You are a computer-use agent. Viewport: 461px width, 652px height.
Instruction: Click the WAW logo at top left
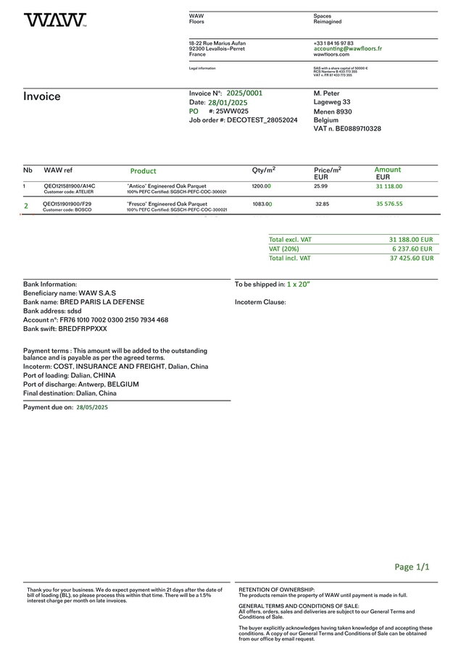pos(54,20)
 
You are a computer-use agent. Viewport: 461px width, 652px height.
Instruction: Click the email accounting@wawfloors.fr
pos(347,49)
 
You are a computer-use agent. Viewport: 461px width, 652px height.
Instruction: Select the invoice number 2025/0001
pos(244,93)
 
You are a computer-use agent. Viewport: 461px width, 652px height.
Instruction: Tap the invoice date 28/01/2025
pos(228,103)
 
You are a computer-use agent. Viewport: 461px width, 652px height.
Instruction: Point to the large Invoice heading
pos(42,96)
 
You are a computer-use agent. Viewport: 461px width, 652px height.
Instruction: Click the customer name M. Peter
pos(326,93)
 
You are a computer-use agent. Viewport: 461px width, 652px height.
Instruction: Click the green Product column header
pos(143,171)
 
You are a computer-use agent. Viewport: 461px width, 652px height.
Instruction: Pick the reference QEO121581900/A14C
pos(69,186)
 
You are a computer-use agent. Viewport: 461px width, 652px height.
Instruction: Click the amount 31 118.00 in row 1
pos(389,186)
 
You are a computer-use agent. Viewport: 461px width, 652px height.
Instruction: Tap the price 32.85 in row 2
pos(322,204)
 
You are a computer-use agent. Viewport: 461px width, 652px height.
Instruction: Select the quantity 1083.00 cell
pos(262,204)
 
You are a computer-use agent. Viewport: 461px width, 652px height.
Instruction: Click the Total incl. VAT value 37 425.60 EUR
pos(411,257)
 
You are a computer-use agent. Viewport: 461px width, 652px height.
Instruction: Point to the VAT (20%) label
pos(283,248)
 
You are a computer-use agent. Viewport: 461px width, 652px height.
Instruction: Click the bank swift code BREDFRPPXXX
pos(83,328)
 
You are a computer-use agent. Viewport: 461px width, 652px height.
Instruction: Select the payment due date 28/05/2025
pos(92,408)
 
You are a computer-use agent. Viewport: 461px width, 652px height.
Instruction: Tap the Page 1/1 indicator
pos(412,567)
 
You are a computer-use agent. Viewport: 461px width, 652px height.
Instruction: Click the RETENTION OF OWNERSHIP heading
pos(277,590)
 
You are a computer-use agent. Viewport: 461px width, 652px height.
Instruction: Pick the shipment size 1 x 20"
pos(298,285)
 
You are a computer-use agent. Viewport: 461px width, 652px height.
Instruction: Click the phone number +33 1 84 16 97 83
pos(333,43)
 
